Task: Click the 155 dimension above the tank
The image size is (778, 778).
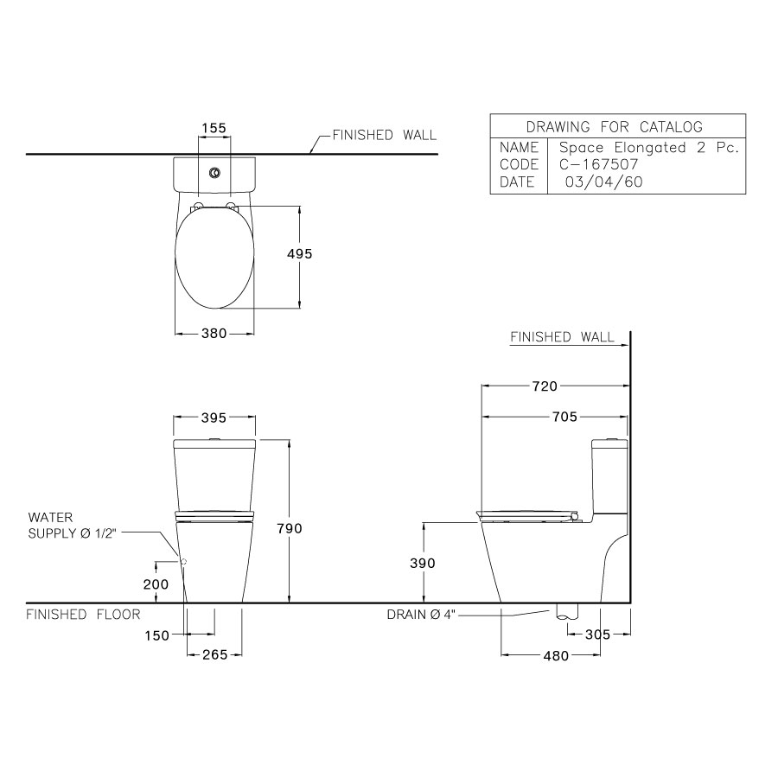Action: [214, 128]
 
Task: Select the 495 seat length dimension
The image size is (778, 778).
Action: [300, 253]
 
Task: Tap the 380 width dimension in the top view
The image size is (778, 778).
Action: [214, 334]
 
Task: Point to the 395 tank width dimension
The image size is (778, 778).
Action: [214, 418]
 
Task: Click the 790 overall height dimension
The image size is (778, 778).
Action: [290, 528]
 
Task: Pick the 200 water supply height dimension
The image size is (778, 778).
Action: [156, 584]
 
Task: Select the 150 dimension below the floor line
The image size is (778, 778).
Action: [156, 635]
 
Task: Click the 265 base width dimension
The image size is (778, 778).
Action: [215, 655]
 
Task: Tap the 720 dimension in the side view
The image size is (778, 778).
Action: [545, 386]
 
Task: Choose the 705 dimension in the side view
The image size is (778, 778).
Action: [564, 417]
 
